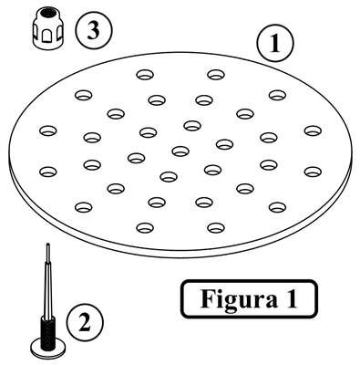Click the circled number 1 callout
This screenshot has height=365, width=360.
[275, 43]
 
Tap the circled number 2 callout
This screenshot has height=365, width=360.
[85, 322]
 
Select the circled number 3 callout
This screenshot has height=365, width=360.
[94, 30]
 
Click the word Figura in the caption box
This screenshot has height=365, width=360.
[239, 299]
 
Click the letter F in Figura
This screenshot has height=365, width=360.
[208, 298]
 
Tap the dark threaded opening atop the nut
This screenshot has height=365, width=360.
[47, 14]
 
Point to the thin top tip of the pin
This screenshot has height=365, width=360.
[47, 245]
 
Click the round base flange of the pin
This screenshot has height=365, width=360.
[48, 349]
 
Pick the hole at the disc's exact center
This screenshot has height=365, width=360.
[180, 151]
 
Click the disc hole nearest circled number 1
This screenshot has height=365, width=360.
[277, 96]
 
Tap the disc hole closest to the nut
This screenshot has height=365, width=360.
[83, 96]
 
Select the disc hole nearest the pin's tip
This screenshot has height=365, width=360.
[83, 208]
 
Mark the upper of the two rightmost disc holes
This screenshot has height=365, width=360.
[313, 131]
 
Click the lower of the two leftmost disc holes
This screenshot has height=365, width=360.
[48, 172]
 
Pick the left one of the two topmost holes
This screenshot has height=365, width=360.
[145, 75]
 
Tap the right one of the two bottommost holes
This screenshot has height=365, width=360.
[216, 228]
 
